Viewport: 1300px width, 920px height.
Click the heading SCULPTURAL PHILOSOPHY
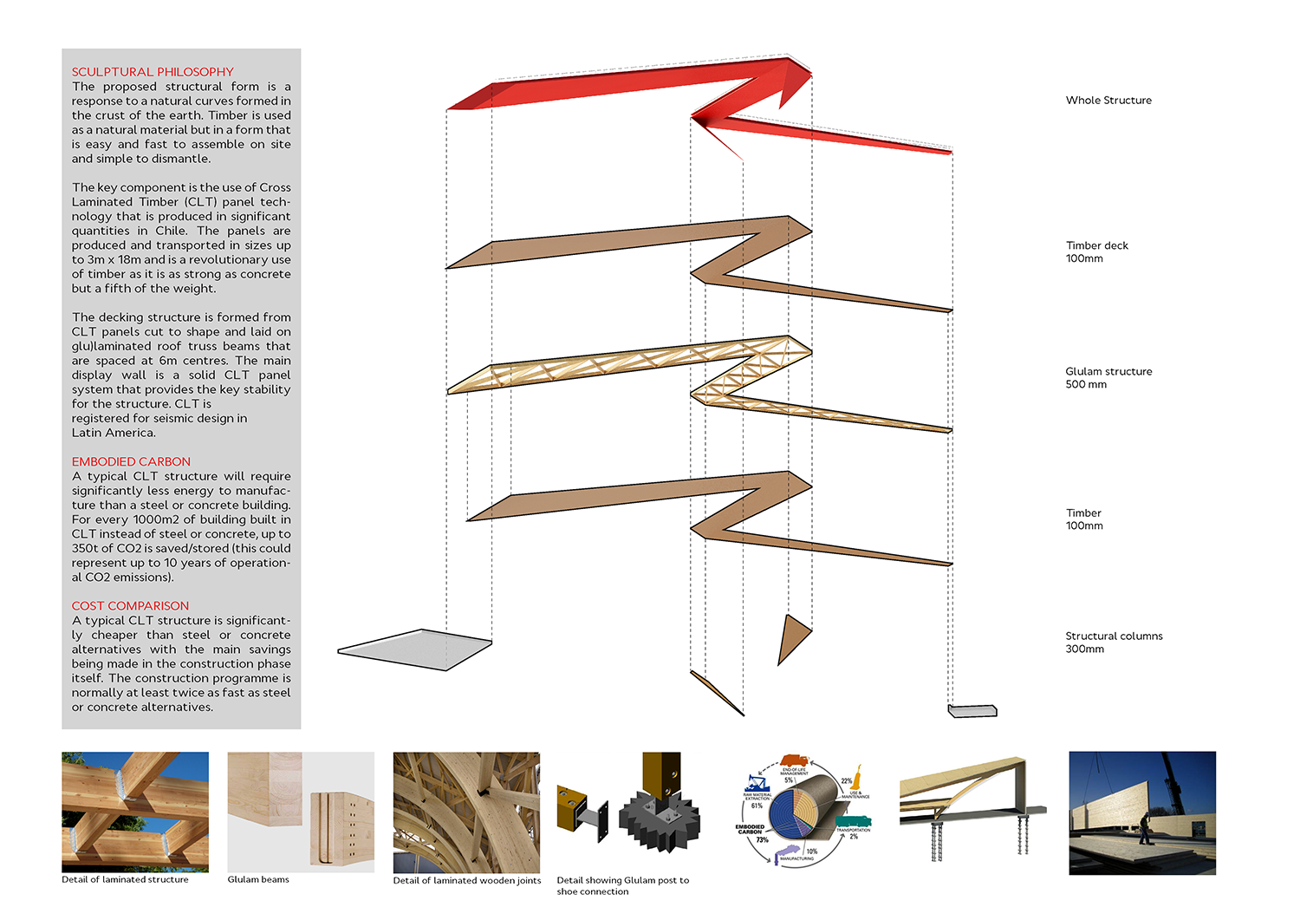click(x=153, y=72)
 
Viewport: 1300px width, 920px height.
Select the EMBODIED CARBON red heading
click(x=131, y=461)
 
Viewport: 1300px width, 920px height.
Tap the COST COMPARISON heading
click(x=130, y=605)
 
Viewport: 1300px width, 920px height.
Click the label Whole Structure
click(x=1108, y=101)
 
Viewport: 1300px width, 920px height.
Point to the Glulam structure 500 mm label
click(x=1108, y=378)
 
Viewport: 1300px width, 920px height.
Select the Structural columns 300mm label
click(x=1114, y=643)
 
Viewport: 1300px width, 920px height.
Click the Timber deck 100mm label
click(x=1096, y=252)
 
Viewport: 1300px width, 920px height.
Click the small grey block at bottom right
click(x=972, y=711)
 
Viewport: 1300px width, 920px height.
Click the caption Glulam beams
click(x=258, y=879)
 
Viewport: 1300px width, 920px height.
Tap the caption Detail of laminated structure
click(x=125, y=879)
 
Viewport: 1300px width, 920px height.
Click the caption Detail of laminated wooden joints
click(x=466, y=880)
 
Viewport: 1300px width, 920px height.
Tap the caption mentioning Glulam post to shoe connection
click(x=622, y=885)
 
